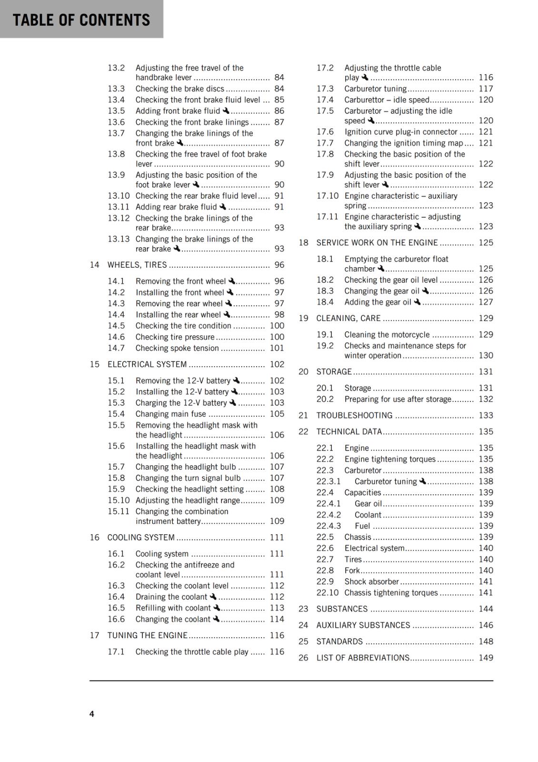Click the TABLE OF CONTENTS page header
point(81,20)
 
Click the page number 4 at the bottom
point(92,713)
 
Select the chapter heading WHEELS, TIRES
point(137,265)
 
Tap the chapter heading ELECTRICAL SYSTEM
point(147,364)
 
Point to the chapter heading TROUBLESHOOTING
point(354,415)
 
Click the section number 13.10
point(118,196)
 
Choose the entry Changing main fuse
point(171,414)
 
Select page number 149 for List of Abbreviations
point(486,658)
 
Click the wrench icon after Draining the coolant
point(213,596)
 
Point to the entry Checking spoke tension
point(177,348)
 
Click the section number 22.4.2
point(329,515)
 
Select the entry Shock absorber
point(371,582)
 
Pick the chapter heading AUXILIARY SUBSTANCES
point(363,625)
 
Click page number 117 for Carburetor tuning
point(486,89)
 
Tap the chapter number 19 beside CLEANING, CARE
point(303,318)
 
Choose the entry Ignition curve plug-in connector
point(401,132)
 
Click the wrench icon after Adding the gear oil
point(417,301)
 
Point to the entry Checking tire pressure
point(175,337)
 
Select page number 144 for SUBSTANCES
point(486,609)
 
